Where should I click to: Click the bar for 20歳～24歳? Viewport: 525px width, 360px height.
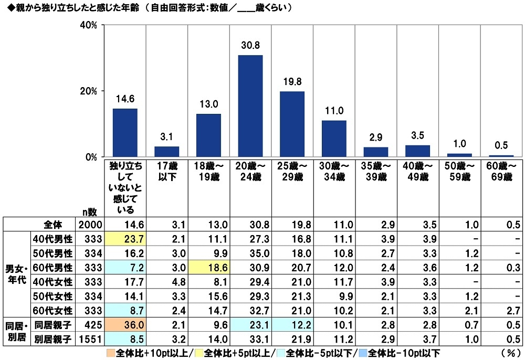pyautogui.click(x=250, y=106)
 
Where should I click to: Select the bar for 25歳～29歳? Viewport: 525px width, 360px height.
pyautogui.click(x=292, y=124)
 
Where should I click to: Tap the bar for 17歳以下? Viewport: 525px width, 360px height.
pyautogui.click(x=166, y=152)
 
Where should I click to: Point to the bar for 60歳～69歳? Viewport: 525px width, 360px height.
pyautogui.click(x=501, y=156)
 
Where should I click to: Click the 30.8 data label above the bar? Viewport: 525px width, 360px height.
pyautogui.click(x=250, y=46)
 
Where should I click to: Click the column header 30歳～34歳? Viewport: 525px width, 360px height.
pyautogui.click(x=334, y=172)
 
